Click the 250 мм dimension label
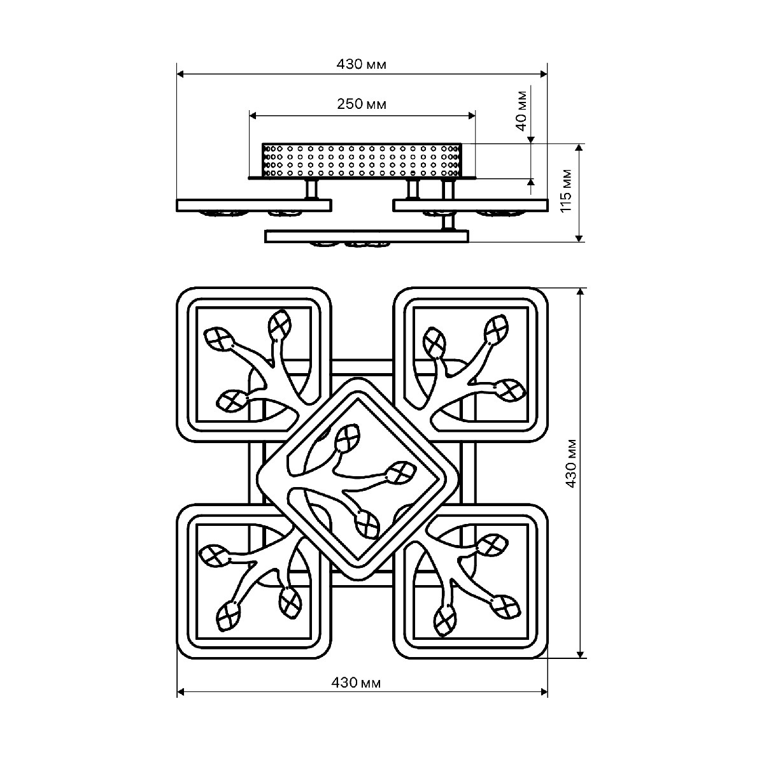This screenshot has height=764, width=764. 361,104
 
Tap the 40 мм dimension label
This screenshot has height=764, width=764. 521,111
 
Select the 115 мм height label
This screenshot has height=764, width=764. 567,191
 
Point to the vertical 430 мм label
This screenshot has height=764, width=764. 570,463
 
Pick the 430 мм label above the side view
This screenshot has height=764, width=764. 361,64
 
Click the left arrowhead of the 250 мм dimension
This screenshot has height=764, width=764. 253,116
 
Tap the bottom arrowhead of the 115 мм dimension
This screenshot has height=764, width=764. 579,238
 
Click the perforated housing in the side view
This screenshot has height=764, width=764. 362,160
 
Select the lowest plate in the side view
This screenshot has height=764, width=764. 367,237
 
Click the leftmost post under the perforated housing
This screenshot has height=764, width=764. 311,190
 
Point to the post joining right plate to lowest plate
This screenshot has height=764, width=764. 448,221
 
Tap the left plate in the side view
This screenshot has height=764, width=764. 254,206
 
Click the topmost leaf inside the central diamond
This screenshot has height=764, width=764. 348,438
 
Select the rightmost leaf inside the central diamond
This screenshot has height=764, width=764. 401,472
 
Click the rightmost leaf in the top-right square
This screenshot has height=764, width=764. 510,390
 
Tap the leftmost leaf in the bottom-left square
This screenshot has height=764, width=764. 215,556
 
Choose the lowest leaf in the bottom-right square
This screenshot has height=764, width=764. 445,622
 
